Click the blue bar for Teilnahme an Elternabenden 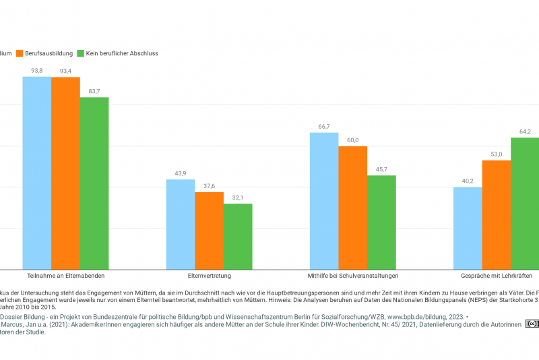click(x=37, y=173)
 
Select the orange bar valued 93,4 click(x=65, y=174)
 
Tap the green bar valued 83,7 click(x=94, y=183)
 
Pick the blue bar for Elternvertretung click(x=181, y=224)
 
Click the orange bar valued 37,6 click(x=209, y=231)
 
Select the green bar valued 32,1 click(x=238, y=237)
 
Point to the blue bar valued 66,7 click(x=324, y=201)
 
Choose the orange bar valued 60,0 click(x=352, y=208)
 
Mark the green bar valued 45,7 click(x=381, y=222)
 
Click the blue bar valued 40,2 click(x=468, y=228)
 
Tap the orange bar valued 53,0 click(x=496, y=215)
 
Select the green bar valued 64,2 click(x=525, y=204)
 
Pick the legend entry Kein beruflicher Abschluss click(x=117, y=53)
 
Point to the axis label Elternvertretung click(x=209, y=276)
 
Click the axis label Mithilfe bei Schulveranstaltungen click(x=352, y=276)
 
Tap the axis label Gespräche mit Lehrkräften click(x=497, y=276)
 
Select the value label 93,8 click(x=37, y=71)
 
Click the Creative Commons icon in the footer click(x=532, y=324)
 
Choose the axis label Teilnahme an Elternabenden click(x=65, y=276)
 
